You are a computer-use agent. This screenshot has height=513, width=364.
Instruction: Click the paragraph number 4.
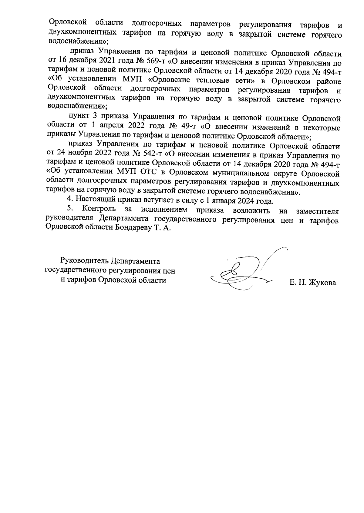coord(70,201)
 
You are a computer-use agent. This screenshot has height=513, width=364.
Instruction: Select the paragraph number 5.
coord(70,210)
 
